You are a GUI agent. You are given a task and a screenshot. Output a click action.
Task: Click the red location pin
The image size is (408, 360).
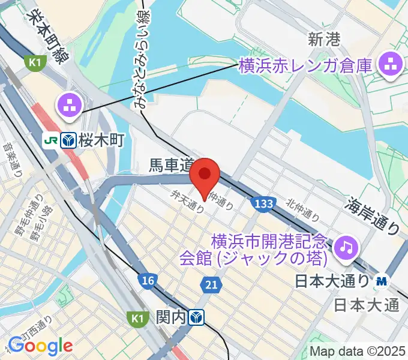click(x=205, y=175)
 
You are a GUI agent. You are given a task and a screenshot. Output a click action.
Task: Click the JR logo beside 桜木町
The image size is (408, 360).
click(x=50, y=140)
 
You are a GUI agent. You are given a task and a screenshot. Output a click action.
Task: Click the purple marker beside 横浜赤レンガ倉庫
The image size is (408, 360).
click(x=391, y=65)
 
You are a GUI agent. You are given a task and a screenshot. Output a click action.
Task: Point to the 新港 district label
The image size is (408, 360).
click(x=325, y=40)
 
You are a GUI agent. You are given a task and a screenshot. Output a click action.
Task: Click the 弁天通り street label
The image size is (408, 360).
click(x=187, y=200)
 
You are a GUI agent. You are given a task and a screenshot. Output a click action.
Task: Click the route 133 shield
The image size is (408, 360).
click(x=264, y=204)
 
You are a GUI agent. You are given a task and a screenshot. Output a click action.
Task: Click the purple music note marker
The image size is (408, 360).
click(x=347, y=246)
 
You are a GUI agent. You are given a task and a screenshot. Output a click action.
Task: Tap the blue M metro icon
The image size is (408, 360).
click(x=382, y=280)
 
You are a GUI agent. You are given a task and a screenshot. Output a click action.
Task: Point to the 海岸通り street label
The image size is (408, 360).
click(x=373, y=217)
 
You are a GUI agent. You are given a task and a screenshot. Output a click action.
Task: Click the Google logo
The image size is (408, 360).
click(x=40, y=346)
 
